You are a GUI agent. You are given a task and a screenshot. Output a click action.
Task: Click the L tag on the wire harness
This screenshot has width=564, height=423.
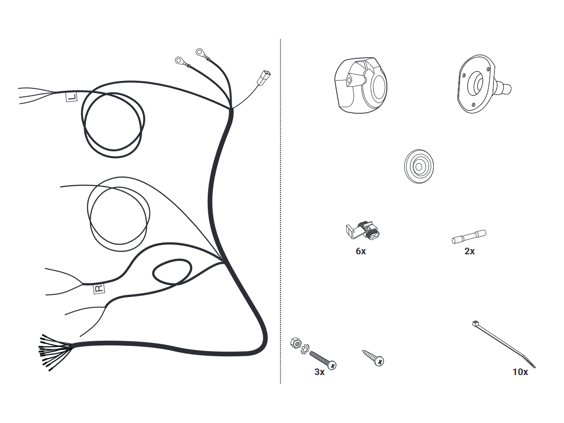(71, 97)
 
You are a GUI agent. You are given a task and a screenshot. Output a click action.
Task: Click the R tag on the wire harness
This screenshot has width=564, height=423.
(99, 289)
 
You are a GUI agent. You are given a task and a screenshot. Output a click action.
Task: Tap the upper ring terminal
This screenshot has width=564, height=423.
(200, 52)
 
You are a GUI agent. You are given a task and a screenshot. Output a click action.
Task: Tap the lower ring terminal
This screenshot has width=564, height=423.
(179, 61)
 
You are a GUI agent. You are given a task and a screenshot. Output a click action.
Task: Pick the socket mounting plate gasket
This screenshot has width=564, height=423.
(484, 84)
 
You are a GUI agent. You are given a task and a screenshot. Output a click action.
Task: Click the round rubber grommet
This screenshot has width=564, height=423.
(419, 166)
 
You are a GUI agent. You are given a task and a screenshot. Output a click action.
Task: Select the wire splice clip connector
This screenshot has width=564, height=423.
(363, 230)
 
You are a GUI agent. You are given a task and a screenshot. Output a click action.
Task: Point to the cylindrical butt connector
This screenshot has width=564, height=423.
(469, 236)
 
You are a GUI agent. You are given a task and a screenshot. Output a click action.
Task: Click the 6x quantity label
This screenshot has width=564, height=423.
(361, 251)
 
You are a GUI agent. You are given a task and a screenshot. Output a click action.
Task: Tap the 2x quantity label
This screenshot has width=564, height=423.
(470, 251)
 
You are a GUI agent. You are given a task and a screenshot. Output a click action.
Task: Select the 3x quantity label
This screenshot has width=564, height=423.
(320, 372)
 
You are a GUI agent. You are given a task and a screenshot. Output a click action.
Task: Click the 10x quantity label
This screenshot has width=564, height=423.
(520, 372)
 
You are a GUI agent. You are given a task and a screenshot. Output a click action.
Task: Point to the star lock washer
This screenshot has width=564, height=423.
(305, 349)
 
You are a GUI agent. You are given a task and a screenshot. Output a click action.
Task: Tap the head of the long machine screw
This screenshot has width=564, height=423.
(332, 365)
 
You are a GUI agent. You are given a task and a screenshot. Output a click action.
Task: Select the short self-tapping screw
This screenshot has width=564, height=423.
(373, 358)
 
